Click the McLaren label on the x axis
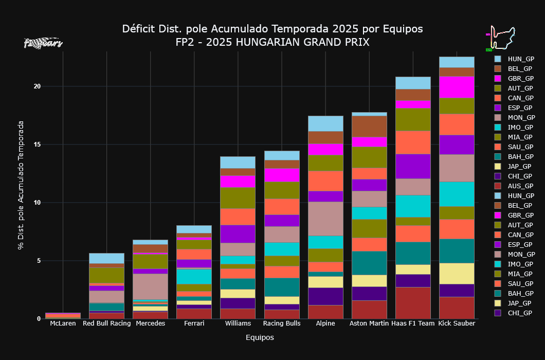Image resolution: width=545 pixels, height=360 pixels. (x=63, y=323)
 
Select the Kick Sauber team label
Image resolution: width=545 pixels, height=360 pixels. (x=456, y=323)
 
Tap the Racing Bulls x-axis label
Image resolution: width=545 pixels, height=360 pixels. (x=281, y=323)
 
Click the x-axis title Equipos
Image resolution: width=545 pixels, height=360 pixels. (x=260, y=338)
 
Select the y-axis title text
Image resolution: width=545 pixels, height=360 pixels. (x=21, y=185)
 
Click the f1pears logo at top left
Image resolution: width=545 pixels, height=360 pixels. (x=43, y=43)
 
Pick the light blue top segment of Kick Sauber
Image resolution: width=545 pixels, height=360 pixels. (x=456, y=62)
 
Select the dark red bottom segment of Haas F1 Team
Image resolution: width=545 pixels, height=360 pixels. (x=412, y=302)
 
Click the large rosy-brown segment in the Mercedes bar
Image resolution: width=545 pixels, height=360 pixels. (x=150, y=286)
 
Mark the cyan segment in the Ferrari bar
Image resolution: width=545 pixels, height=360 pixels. (x=194, y=276)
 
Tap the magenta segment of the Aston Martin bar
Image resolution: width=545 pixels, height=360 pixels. (x=369, y=142)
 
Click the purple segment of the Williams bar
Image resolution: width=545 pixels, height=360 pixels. (x=238, y=233)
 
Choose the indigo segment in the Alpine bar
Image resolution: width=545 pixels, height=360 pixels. (x=325, y=296)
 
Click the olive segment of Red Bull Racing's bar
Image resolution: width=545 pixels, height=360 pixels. (x=106, y=275)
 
